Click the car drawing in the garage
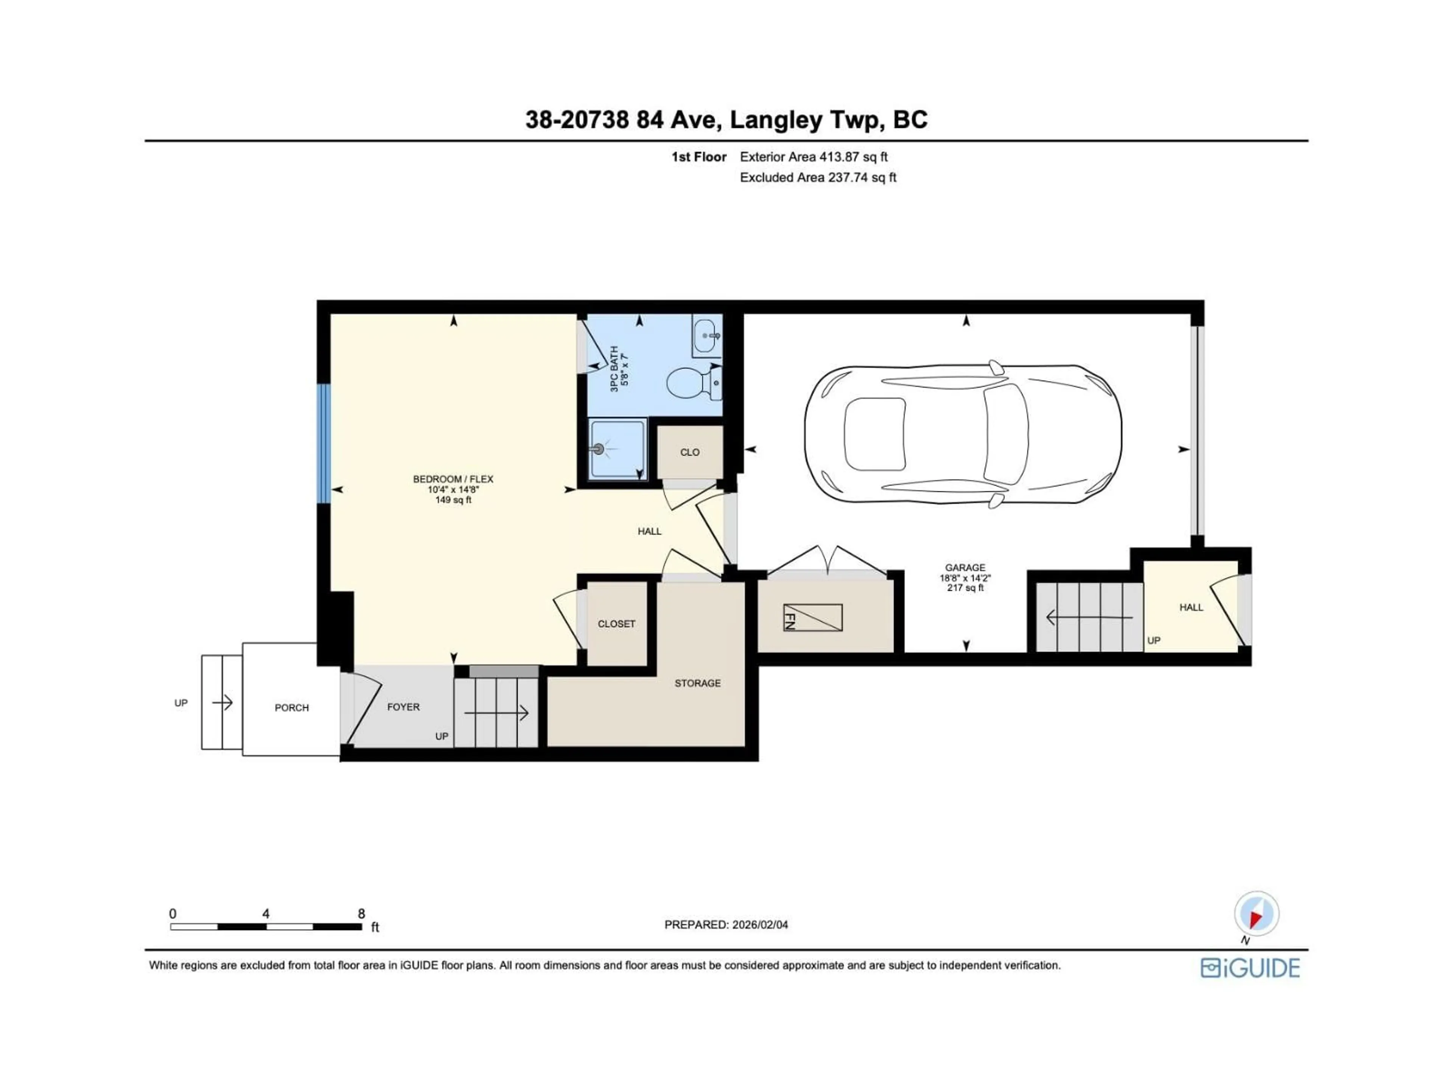pyautogui.click(x=962, y=434)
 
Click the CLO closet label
pyautogui.click(x=690, y=452)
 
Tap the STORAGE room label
pyautogui.click(x=698, y=683)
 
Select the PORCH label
pyautogui.click(x=292, y=707)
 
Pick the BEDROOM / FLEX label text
pyautogui.click(x=453, y=479)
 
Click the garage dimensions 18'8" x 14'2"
pyautogui.click(x=965, y=578)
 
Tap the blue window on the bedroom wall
pyautogui.click(x=323, y=444)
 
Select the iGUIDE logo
pyautogui.click(x=1250, y=968)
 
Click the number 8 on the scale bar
pyautogui.click(x=361, y=914)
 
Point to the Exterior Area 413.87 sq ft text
pyautogui.click(x=814, y=157)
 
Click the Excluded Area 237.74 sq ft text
pyautogui.click(x=818, y=177)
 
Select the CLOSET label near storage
pyautogui.click(x=616, y=624)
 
